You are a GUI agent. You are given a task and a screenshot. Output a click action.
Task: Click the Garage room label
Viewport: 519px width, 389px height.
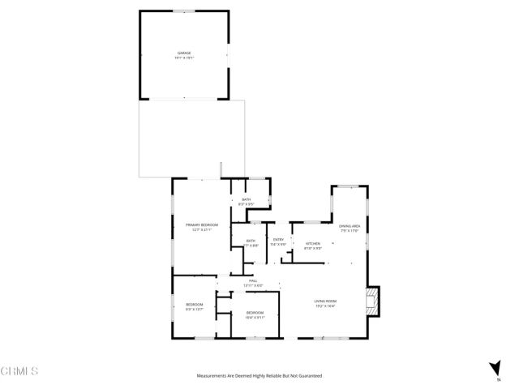(184, 53)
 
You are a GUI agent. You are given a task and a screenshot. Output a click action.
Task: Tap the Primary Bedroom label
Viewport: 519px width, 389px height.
(202, 224)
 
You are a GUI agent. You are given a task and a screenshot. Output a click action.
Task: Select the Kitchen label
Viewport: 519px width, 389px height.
(313, 243)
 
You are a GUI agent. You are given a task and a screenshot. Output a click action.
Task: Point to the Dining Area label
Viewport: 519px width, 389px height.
(350, 226)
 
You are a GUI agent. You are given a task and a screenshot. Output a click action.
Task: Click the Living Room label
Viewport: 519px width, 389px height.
(325, 301)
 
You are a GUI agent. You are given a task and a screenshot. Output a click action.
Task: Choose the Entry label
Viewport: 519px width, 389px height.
(278, 240)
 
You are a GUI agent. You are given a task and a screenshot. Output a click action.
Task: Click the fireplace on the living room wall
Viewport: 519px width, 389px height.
(372, 301)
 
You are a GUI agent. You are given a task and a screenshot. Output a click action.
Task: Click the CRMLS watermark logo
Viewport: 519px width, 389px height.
(20, 371)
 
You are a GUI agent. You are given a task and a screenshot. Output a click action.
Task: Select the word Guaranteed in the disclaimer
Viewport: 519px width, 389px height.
(309, 376)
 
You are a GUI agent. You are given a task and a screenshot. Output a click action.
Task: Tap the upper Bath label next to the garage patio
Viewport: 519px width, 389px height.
(247, 199)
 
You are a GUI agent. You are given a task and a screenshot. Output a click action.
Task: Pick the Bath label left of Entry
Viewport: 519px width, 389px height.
(251, 240)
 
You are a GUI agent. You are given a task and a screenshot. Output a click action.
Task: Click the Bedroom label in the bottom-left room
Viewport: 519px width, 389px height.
(194, 304)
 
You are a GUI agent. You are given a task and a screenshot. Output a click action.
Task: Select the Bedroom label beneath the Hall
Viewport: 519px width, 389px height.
(255, 312)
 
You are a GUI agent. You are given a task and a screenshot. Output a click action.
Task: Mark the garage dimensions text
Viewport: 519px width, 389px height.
(184, 58)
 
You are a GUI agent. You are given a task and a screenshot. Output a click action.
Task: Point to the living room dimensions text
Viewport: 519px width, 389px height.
(325, 306)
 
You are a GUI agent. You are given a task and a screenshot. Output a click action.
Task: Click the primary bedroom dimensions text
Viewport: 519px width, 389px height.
(202, 229)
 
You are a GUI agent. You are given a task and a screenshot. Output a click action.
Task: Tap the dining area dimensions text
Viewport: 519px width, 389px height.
(350, 231)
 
